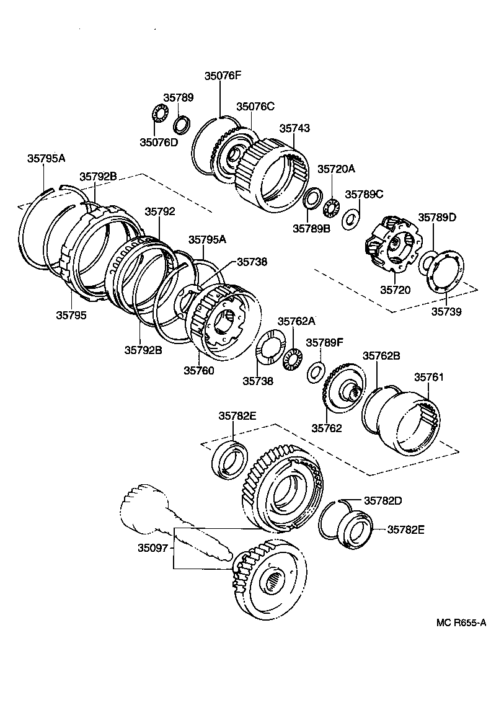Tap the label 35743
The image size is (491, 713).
[294, 128]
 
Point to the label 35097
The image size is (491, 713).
[153, 548]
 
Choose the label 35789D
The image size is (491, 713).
[436, 218]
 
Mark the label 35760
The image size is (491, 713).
[198, 371]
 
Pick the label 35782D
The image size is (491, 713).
[383, 500]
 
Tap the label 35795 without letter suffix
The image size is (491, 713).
[71, 315]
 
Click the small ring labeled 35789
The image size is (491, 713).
[182, 125]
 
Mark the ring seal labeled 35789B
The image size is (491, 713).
[311, 199]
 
